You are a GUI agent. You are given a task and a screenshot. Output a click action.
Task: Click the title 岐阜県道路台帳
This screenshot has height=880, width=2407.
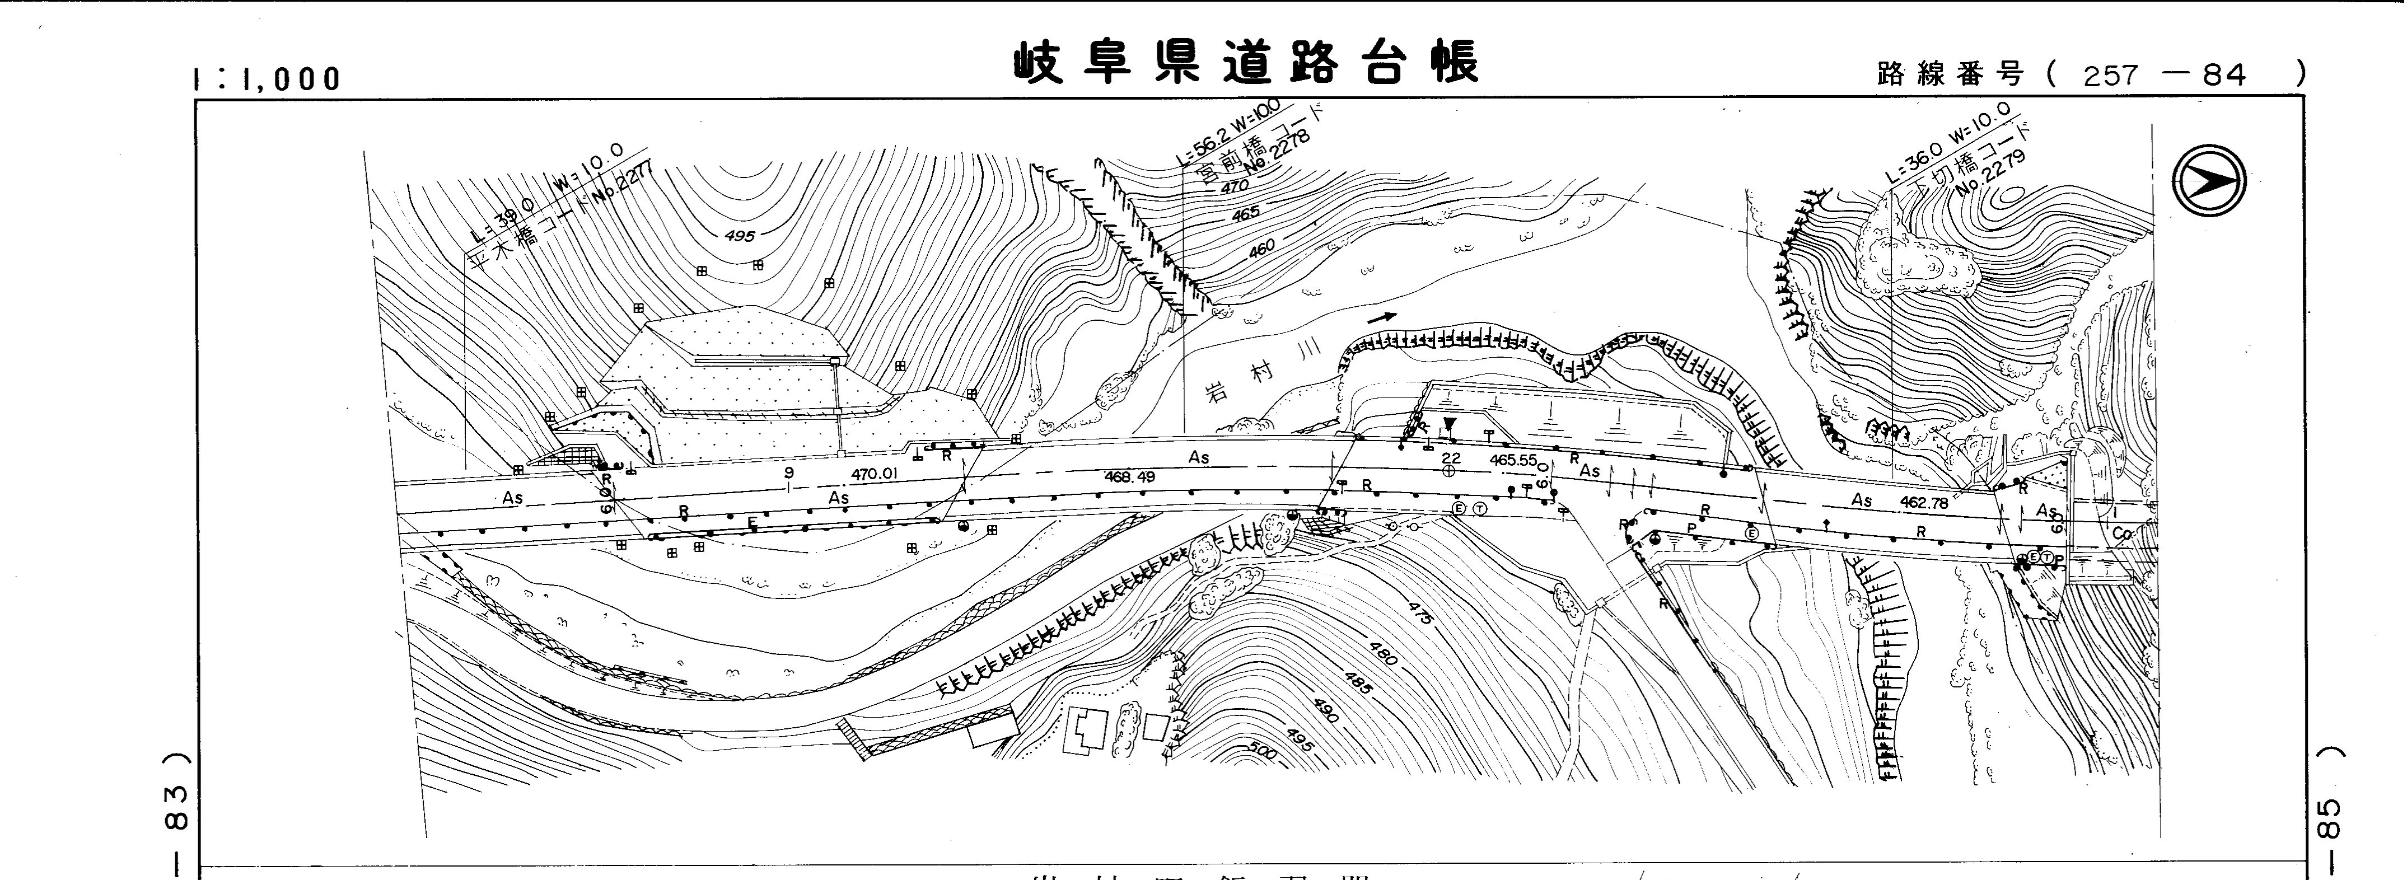(x=1246, y=63)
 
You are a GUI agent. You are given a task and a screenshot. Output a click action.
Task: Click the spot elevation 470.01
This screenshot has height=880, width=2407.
(x=875, y=474)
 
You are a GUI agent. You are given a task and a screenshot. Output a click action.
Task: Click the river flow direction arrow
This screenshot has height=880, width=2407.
(x=1382, y=317)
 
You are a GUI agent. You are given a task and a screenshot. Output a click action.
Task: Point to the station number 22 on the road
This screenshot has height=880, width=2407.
(x=1450, y=458)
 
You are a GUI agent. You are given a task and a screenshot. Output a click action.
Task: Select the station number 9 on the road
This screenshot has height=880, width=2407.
(x=789, y=472)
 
